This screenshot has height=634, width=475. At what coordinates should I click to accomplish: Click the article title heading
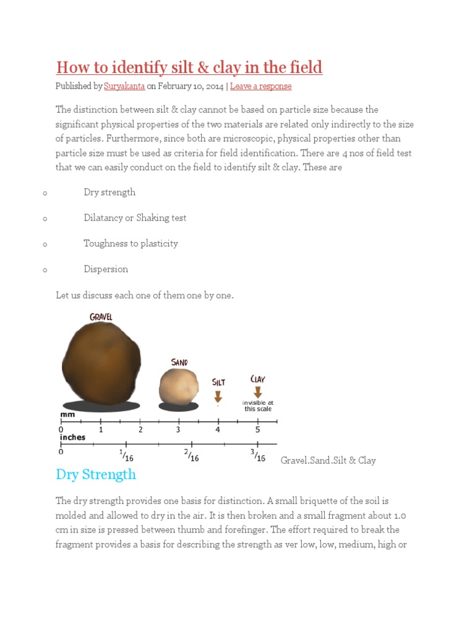tap(189, 67)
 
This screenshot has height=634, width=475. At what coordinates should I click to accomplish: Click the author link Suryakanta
tap(124, 86)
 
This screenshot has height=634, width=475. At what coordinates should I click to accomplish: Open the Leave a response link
tap(260, 86)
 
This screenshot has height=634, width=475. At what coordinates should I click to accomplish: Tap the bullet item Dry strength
tap(109, 192)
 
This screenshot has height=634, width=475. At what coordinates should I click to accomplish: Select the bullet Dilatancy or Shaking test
tap(135, 218)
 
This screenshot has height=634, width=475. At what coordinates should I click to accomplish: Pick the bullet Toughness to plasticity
tap(131, 243)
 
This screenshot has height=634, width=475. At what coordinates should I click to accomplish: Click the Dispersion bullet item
tap(106, 269)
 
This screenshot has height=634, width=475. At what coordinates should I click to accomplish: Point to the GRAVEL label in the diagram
tap(101, 317)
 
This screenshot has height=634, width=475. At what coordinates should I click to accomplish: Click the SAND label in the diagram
tap(179, 362)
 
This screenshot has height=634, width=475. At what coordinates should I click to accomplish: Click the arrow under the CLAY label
tap(257, 392)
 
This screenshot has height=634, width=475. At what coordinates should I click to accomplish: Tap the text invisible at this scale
tap(258, 406)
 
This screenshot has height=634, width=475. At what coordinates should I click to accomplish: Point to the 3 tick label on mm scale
tap(178, 429)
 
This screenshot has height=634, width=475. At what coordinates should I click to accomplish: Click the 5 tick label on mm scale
tap(258, 429)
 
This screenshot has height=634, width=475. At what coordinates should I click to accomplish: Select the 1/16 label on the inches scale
tap(127, 456)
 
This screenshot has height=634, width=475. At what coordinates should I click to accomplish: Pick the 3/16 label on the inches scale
tap(258, 456)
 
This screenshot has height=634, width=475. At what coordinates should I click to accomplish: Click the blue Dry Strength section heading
tap(96, 474)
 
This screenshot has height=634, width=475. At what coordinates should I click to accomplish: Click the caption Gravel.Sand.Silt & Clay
tap(328, 460)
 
